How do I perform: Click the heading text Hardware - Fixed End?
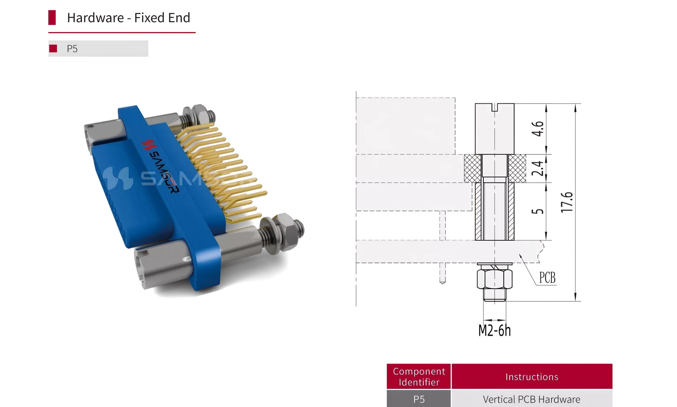(x=128, y=18)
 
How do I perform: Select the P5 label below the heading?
(x=72, y=49)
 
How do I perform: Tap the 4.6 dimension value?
(x=538, y=129)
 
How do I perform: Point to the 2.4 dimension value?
(x=538, y=168)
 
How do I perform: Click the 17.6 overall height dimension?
(x=567, y=202)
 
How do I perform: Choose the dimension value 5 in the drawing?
(x=538, y=211)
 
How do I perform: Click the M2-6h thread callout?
(x=494, y=330)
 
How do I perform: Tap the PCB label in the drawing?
(x=547, y=278)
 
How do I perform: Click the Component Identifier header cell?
(x=419, y=376)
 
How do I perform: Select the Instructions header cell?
(x=532, y=376)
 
